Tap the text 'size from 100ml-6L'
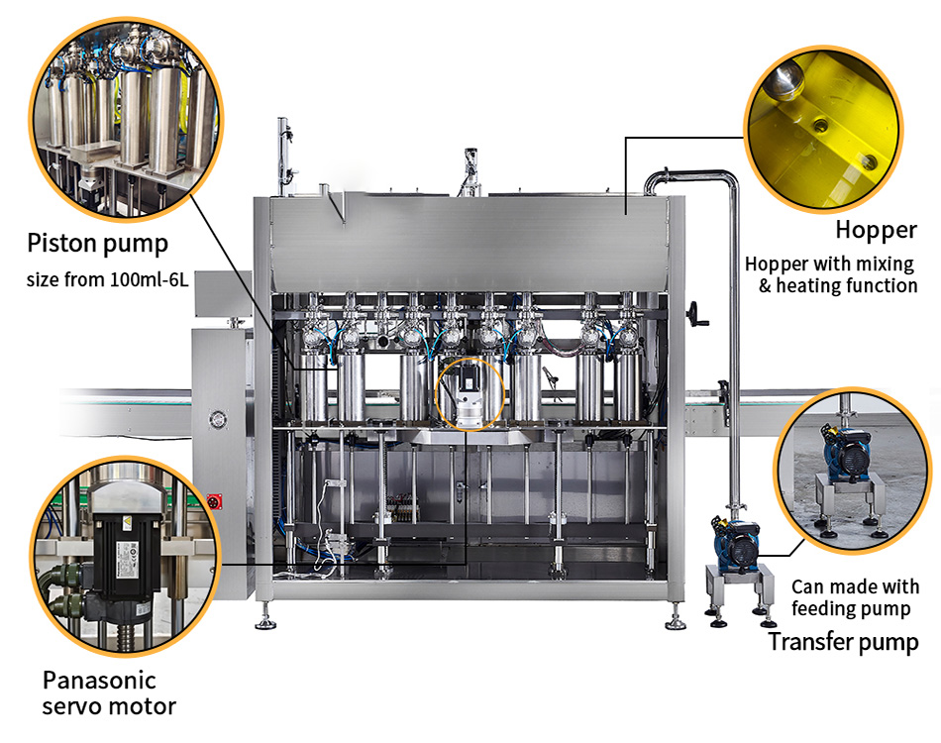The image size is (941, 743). pos(107,279)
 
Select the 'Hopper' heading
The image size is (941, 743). pos(877,231)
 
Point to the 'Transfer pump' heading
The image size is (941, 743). pos(843,642)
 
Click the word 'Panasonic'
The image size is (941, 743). pos(99,680)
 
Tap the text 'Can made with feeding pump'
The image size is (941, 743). pos(855,597)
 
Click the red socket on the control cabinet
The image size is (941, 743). pos(214,501)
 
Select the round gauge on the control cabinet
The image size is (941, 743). pos(218,419)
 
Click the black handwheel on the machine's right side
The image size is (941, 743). pos(698,314)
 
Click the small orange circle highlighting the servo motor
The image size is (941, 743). pos(470,394)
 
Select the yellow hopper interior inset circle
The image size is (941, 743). pos(823,129)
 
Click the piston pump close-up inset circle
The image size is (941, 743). pos(126,119)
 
